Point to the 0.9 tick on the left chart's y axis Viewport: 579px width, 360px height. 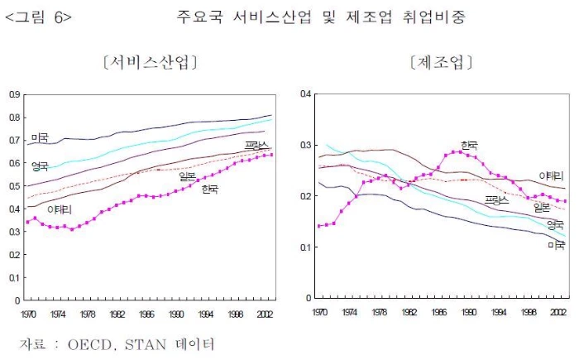(15, 95)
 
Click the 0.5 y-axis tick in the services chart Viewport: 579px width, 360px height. (15, 186)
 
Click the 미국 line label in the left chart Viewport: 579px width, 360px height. (39, 137)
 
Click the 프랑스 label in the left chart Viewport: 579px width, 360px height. (256, 147)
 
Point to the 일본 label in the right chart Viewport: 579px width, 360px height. (543, 207)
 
